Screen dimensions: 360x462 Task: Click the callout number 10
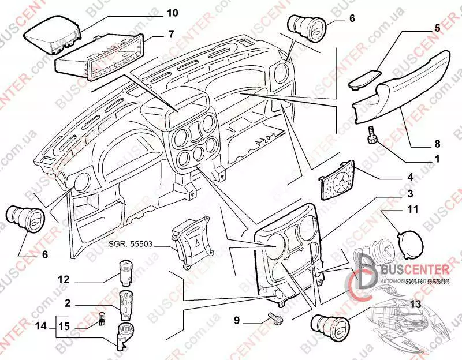[157, 12]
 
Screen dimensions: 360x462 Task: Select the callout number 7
[171, 34]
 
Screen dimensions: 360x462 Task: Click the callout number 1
[438, 157]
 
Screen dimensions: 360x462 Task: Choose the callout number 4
[410, 177]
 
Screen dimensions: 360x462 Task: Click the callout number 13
[415, 304]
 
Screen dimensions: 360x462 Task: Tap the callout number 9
[237, 320]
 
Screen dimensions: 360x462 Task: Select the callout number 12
[63, 280]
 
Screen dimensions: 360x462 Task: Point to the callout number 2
[68, 302]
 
